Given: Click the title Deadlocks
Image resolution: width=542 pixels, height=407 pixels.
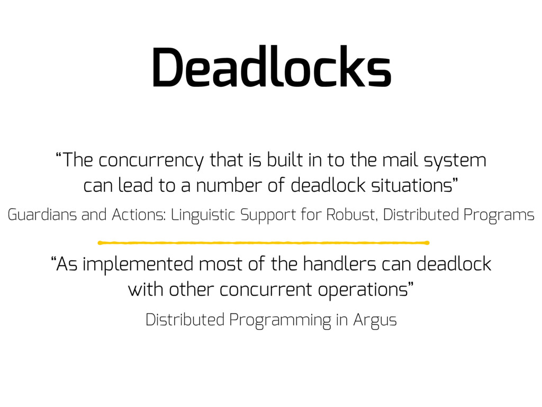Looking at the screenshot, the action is (272, 66).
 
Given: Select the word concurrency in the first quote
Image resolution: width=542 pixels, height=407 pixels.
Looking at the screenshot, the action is (151, 161).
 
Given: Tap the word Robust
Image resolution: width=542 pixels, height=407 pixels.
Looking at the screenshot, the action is (350, 215).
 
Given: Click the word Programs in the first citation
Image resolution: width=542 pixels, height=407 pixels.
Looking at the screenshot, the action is (499, 215).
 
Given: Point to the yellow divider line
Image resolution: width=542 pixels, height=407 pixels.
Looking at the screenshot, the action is (264, 243).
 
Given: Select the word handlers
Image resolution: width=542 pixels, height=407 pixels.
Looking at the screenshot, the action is (339, 263).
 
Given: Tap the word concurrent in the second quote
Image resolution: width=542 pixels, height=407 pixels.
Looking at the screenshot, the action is (266, 289).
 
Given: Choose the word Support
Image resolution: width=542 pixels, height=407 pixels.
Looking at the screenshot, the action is (268, 215).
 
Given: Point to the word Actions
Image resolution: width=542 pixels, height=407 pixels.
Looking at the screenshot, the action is (138, 215).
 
